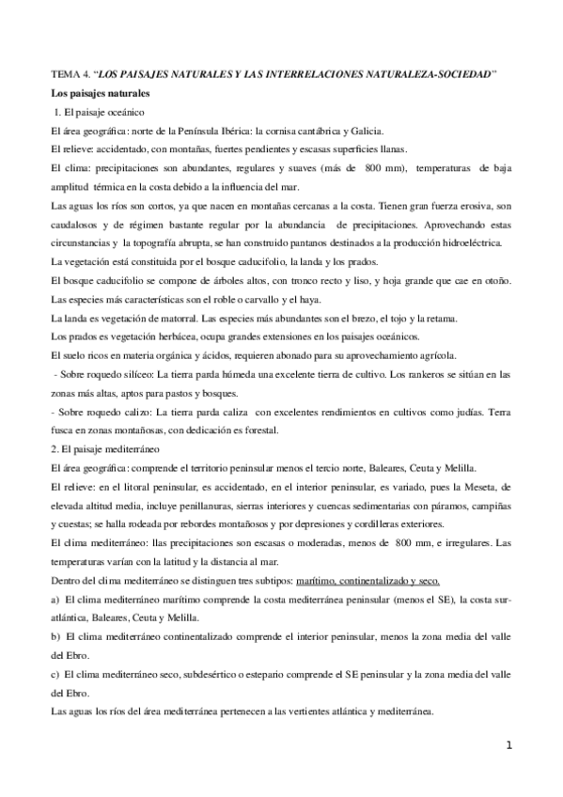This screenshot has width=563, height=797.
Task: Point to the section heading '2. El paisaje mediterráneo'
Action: click(x=106, y=449)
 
